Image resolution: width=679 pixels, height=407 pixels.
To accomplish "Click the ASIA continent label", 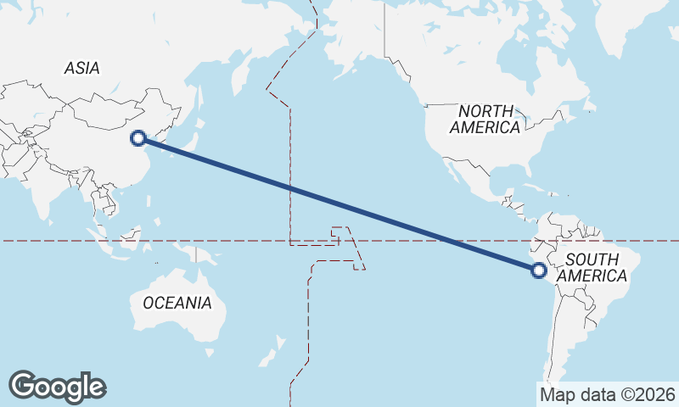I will coord(81,68).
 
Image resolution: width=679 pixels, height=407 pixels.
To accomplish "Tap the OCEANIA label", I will coord(177,303).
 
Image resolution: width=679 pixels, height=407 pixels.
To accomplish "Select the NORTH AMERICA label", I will coord(485,119).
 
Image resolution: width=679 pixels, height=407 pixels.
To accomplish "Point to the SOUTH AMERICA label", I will coord(597,268).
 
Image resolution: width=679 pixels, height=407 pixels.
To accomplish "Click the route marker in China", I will coord(138,137).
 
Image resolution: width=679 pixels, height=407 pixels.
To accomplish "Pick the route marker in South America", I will coord(538,270).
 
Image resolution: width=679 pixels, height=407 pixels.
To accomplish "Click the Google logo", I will coord(57,387).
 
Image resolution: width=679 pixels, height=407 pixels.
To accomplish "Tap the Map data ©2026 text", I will coord(607,394).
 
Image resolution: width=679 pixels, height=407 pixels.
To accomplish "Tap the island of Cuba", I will coord(530,187).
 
